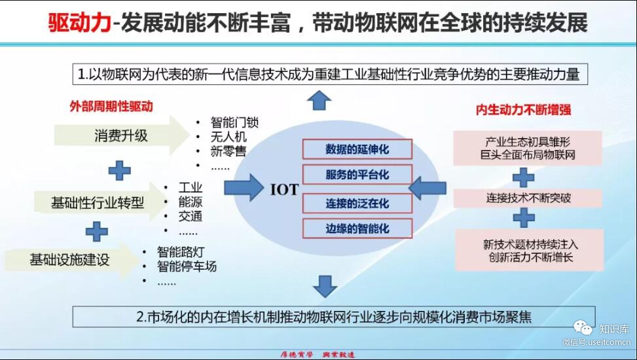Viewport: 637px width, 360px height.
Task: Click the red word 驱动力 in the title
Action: pos(79,24)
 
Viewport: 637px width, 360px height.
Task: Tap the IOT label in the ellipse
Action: pos(284,190)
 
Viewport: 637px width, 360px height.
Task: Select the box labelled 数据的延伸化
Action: pos(357,149)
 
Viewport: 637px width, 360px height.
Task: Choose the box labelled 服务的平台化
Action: pos(357,175)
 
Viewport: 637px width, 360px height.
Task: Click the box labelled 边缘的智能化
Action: pos(357,228)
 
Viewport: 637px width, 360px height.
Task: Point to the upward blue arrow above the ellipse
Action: pos(319,101)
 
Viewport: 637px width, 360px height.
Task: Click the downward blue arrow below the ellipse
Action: pos(324,285)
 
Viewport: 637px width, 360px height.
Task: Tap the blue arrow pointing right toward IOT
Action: pos(244,188)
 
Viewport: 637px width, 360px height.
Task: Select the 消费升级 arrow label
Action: pos(121,135)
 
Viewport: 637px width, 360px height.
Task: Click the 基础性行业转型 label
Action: pos(98,202)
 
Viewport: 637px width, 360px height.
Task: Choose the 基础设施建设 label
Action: pos(69,259)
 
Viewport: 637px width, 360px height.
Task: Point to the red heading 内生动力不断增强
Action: pos(524,110)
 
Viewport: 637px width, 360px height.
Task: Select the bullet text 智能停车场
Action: pos(187,266)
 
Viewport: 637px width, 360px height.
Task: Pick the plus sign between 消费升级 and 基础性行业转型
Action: pos(119,170)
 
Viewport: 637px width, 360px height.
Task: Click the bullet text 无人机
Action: pos(228,137)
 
